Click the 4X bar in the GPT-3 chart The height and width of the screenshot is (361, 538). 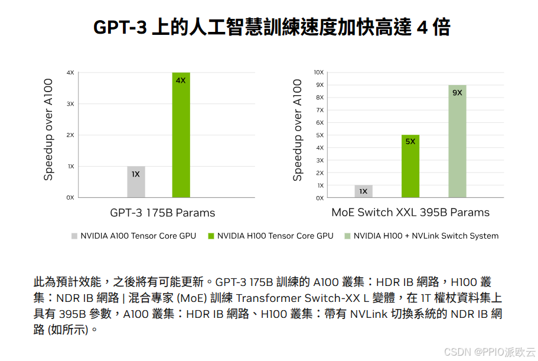click(181, 135)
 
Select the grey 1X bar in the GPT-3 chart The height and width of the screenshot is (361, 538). click(136, 181)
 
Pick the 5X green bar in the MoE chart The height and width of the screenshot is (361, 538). click(410, 166)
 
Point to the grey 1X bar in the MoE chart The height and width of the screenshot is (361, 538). click(363, 191)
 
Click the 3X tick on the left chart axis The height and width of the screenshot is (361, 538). click(70, 104)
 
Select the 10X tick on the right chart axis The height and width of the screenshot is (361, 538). click(318, 72)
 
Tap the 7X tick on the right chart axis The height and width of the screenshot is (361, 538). click(319, 110)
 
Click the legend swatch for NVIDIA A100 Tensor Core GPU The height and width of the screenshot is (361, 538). click(74, 236)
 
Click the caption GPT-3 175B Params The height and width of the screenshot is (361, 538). click(162, 213)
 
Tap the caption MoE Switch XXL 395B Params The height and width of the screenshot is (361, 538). click(410, 213)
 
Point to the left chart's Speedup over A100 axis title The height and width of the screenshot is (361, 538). click(49, 129)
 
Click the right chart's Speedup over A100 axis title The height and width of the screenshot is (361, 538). click(298, 129)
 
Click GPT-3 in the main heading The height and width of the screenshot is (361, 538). click(119, 28)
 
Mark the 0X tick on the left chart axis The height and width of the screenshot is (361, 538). click(70, 197)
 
